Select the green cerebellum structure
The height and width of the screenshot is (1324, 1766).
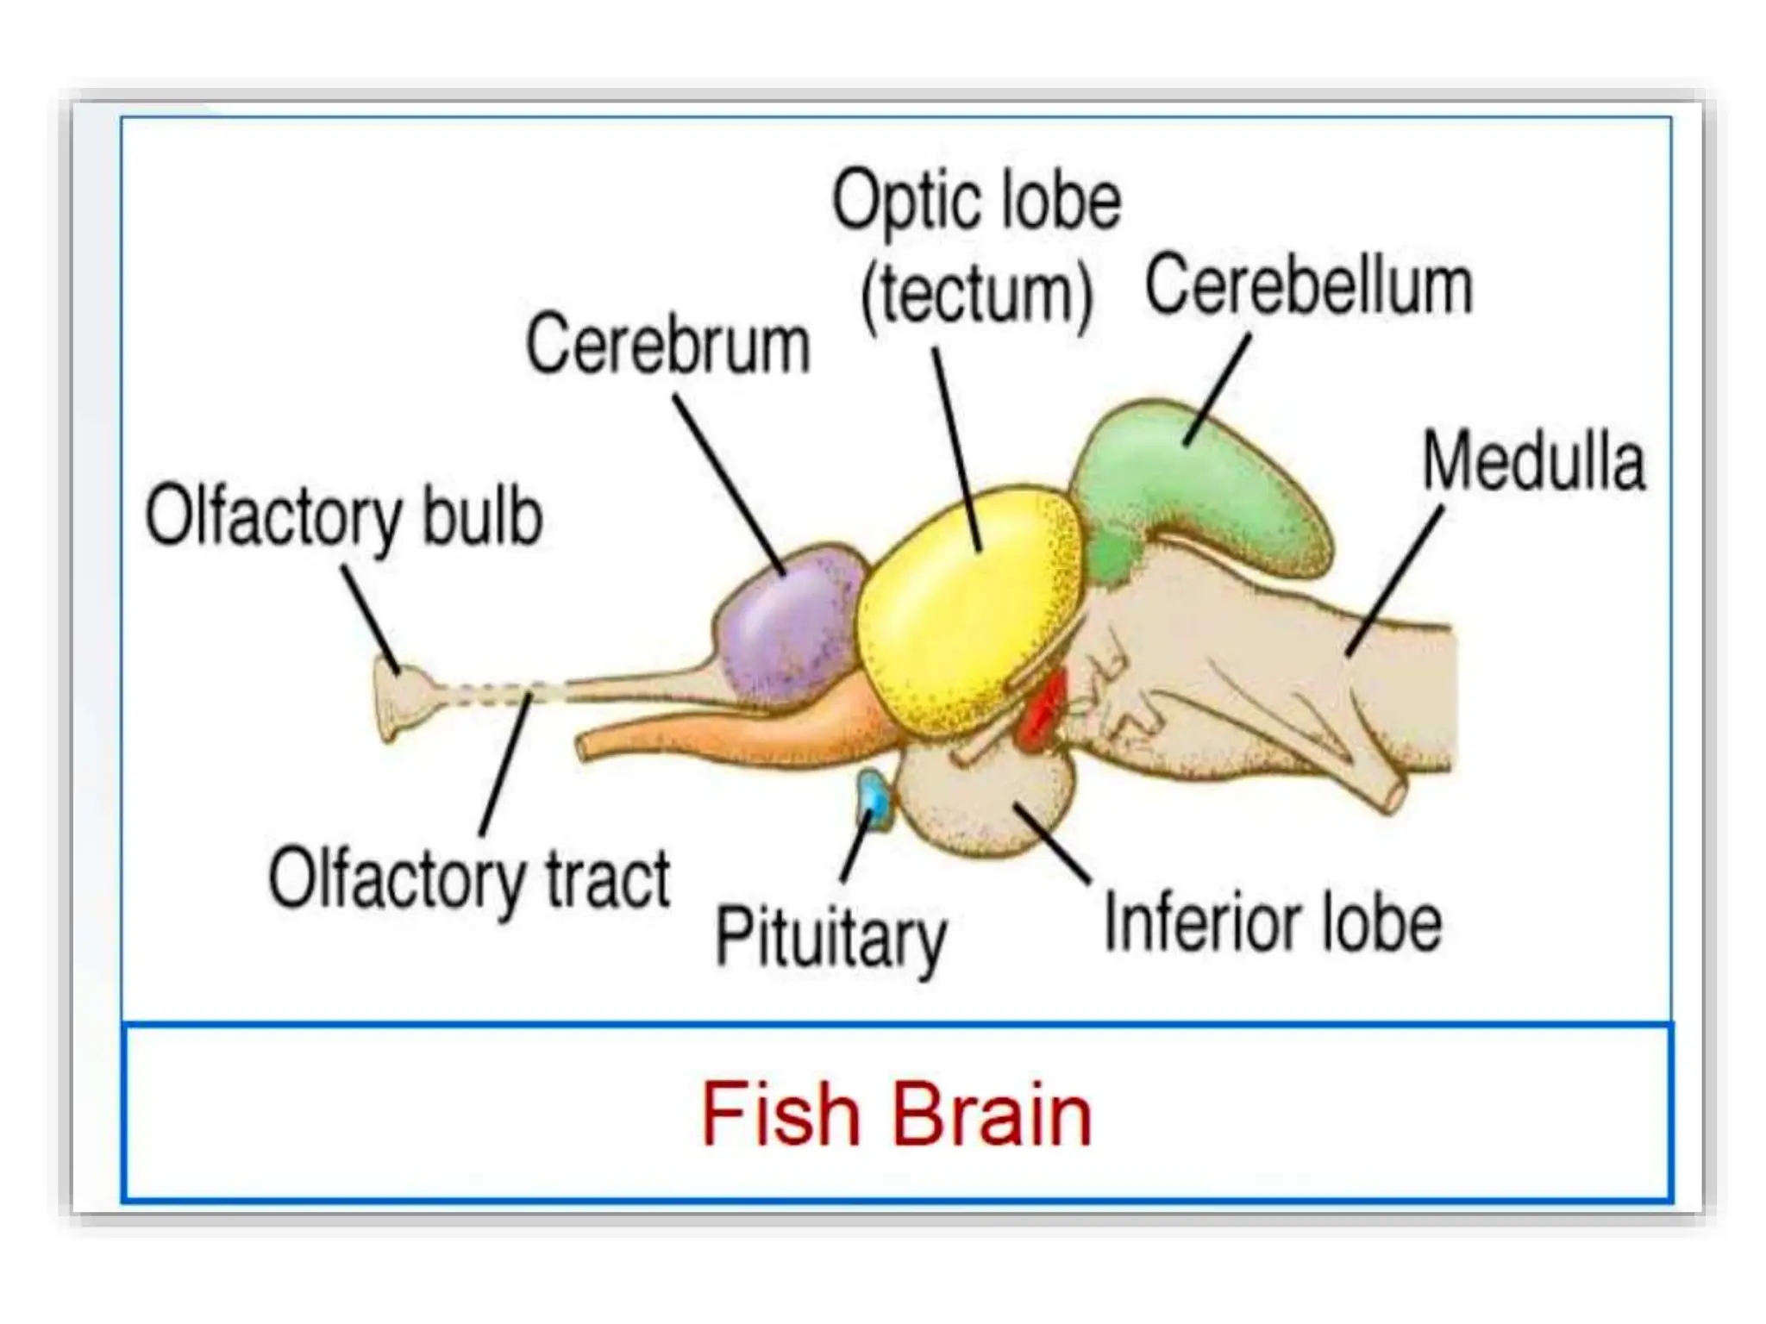point(1207,491)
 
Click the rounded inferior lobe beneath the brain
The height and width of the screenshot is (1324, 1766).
point(983,802)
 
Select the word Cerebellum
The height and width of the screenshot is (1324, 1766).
point(1308,286)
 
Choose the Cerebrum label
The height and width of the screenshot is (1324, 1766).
point(668,345)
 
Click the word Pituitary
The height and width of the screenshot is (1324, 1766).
point(830,937)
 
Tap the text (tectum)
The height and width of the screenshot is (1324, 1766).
point(976,295)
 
